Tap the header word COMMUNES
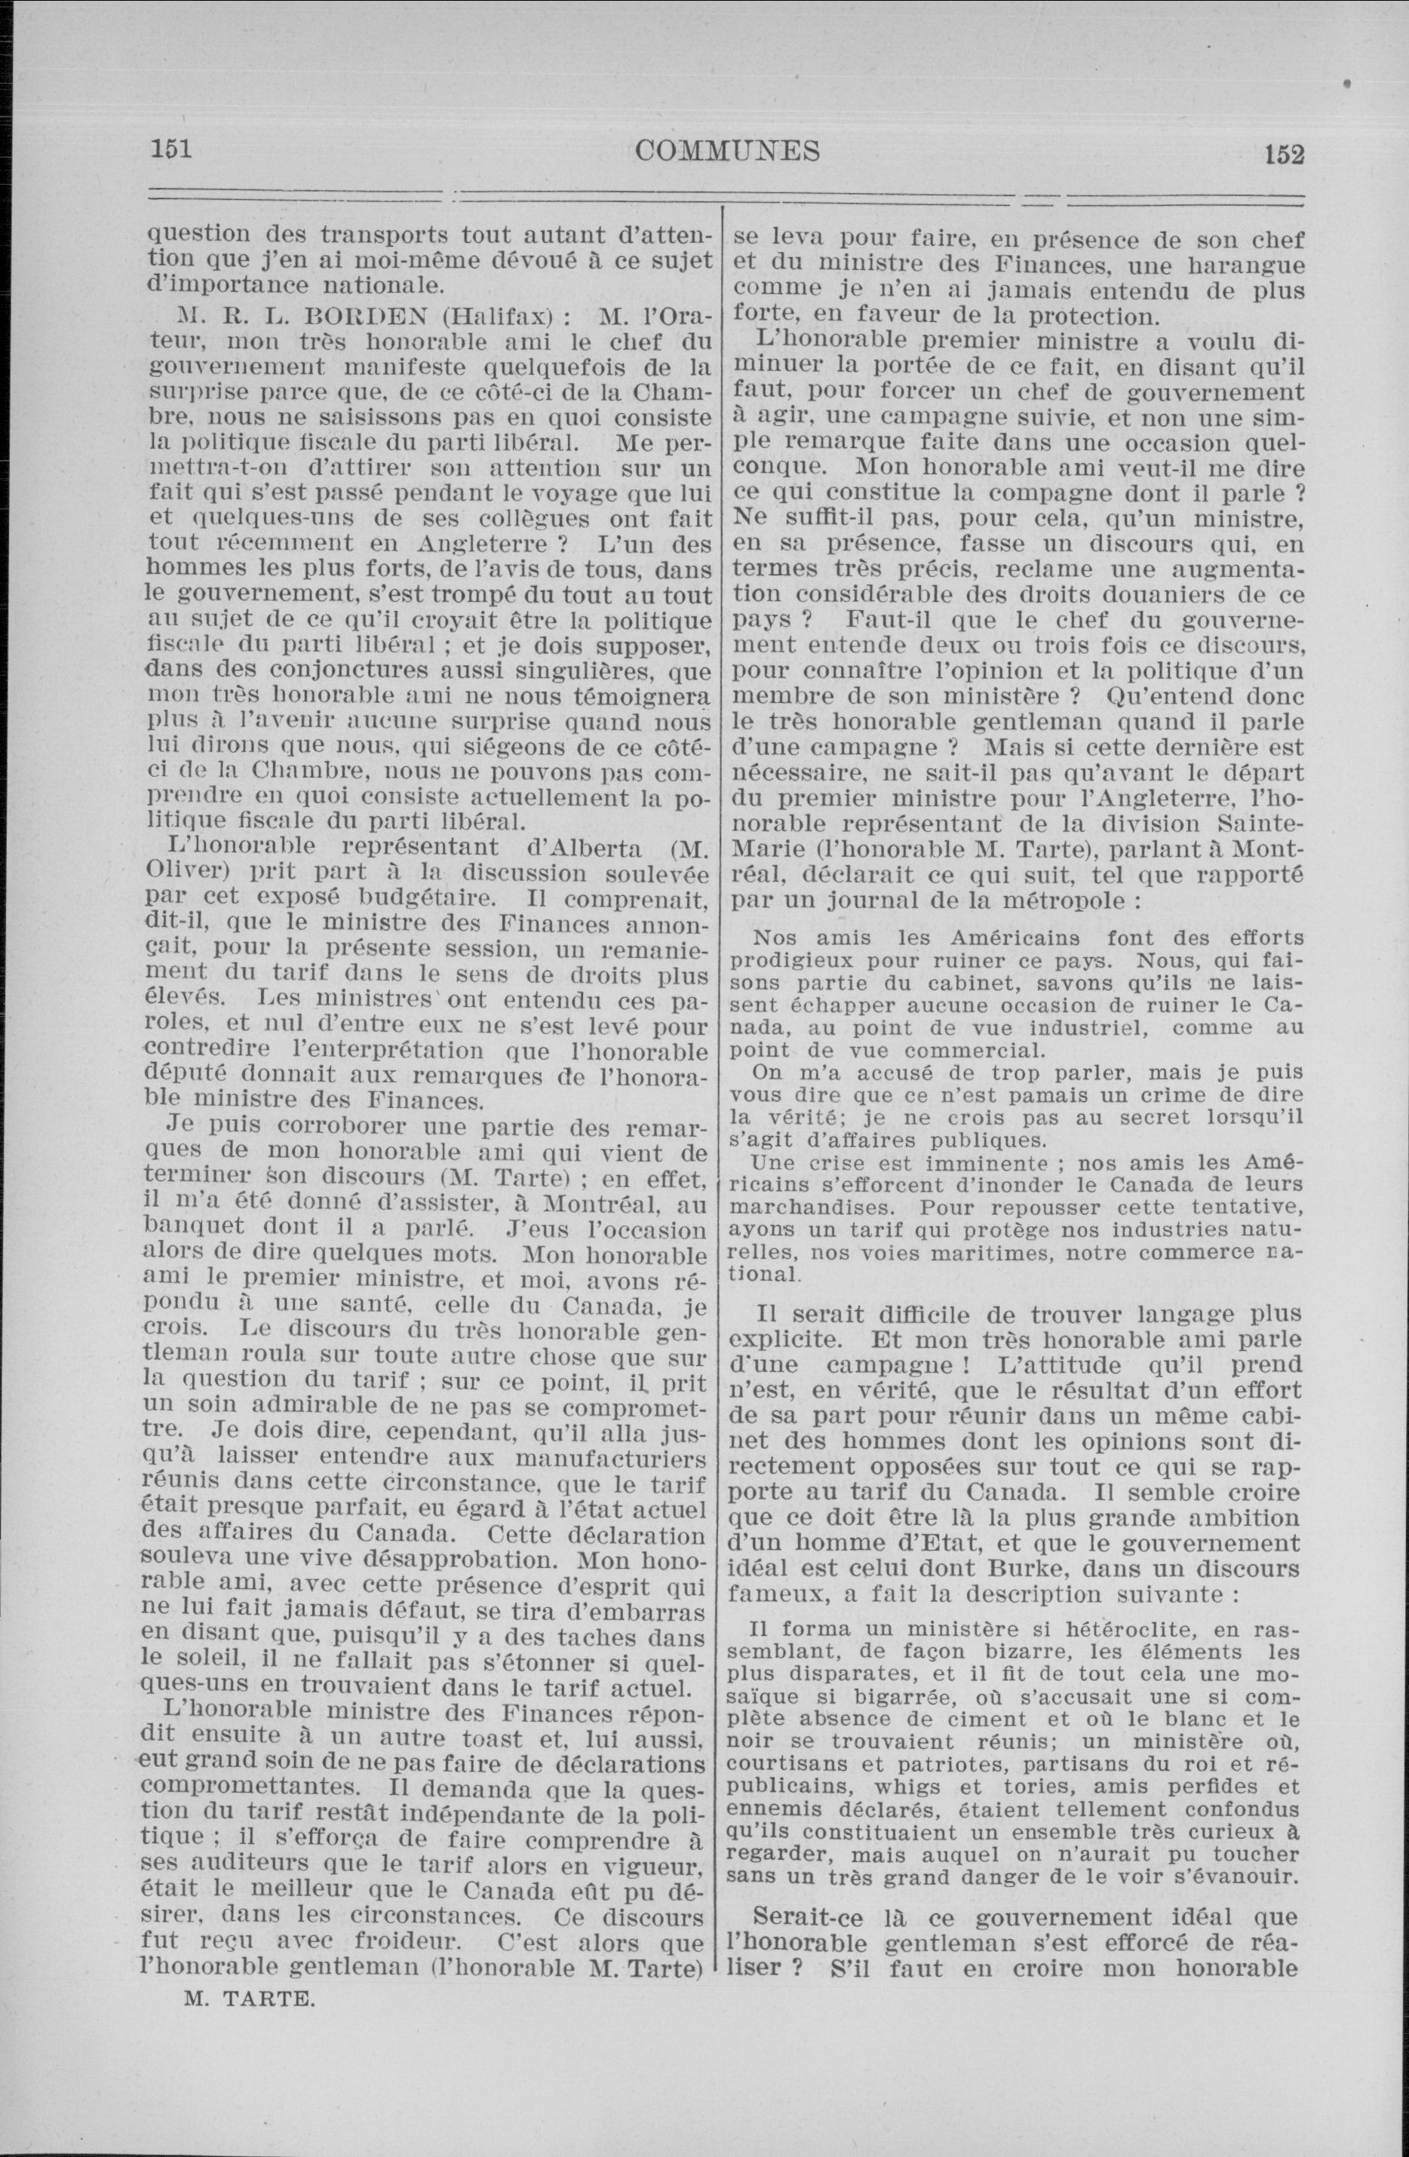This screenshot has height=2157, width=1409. (x=727, y=149)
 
